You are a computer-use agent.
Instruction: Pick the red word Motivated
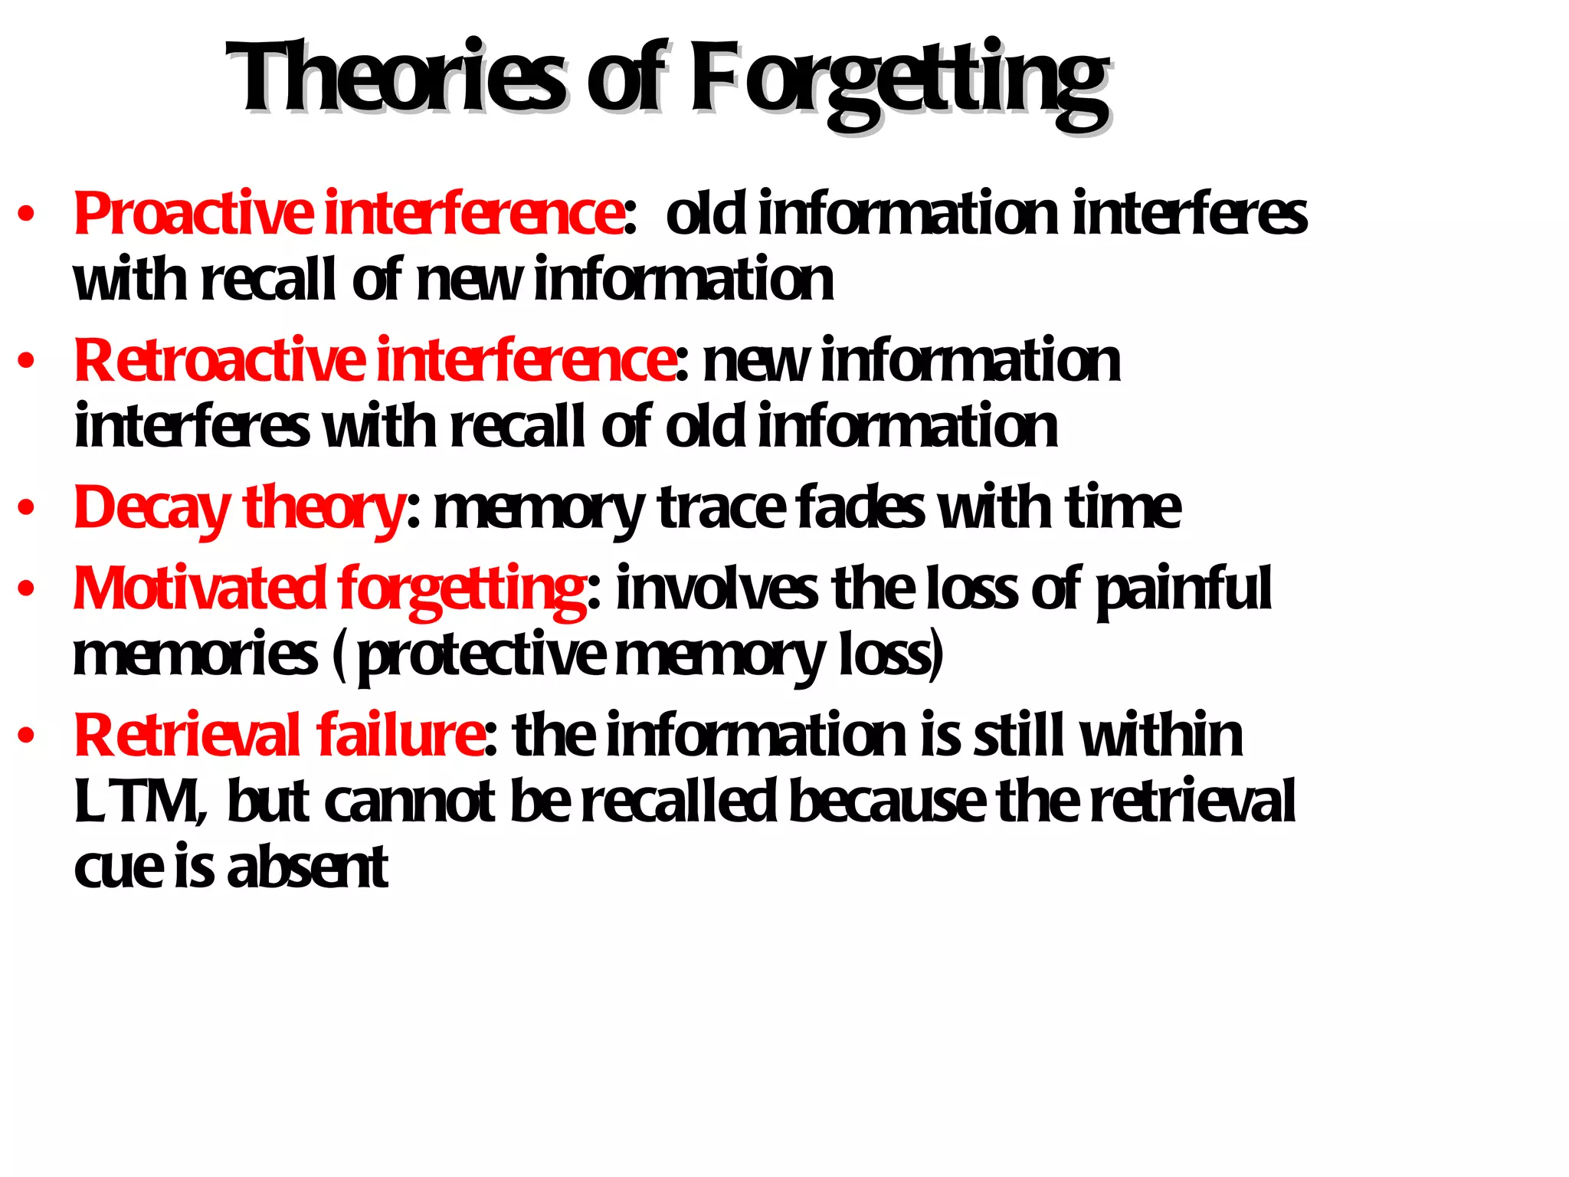click(x=199, y=588)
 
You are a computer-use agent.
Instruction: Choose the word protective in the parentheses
click(x=483, y=656)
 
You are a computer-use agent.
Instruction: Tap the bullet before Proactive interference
click(x=27, y=215)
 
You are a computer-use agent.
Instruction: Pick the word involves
click(x=716, y=588)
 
